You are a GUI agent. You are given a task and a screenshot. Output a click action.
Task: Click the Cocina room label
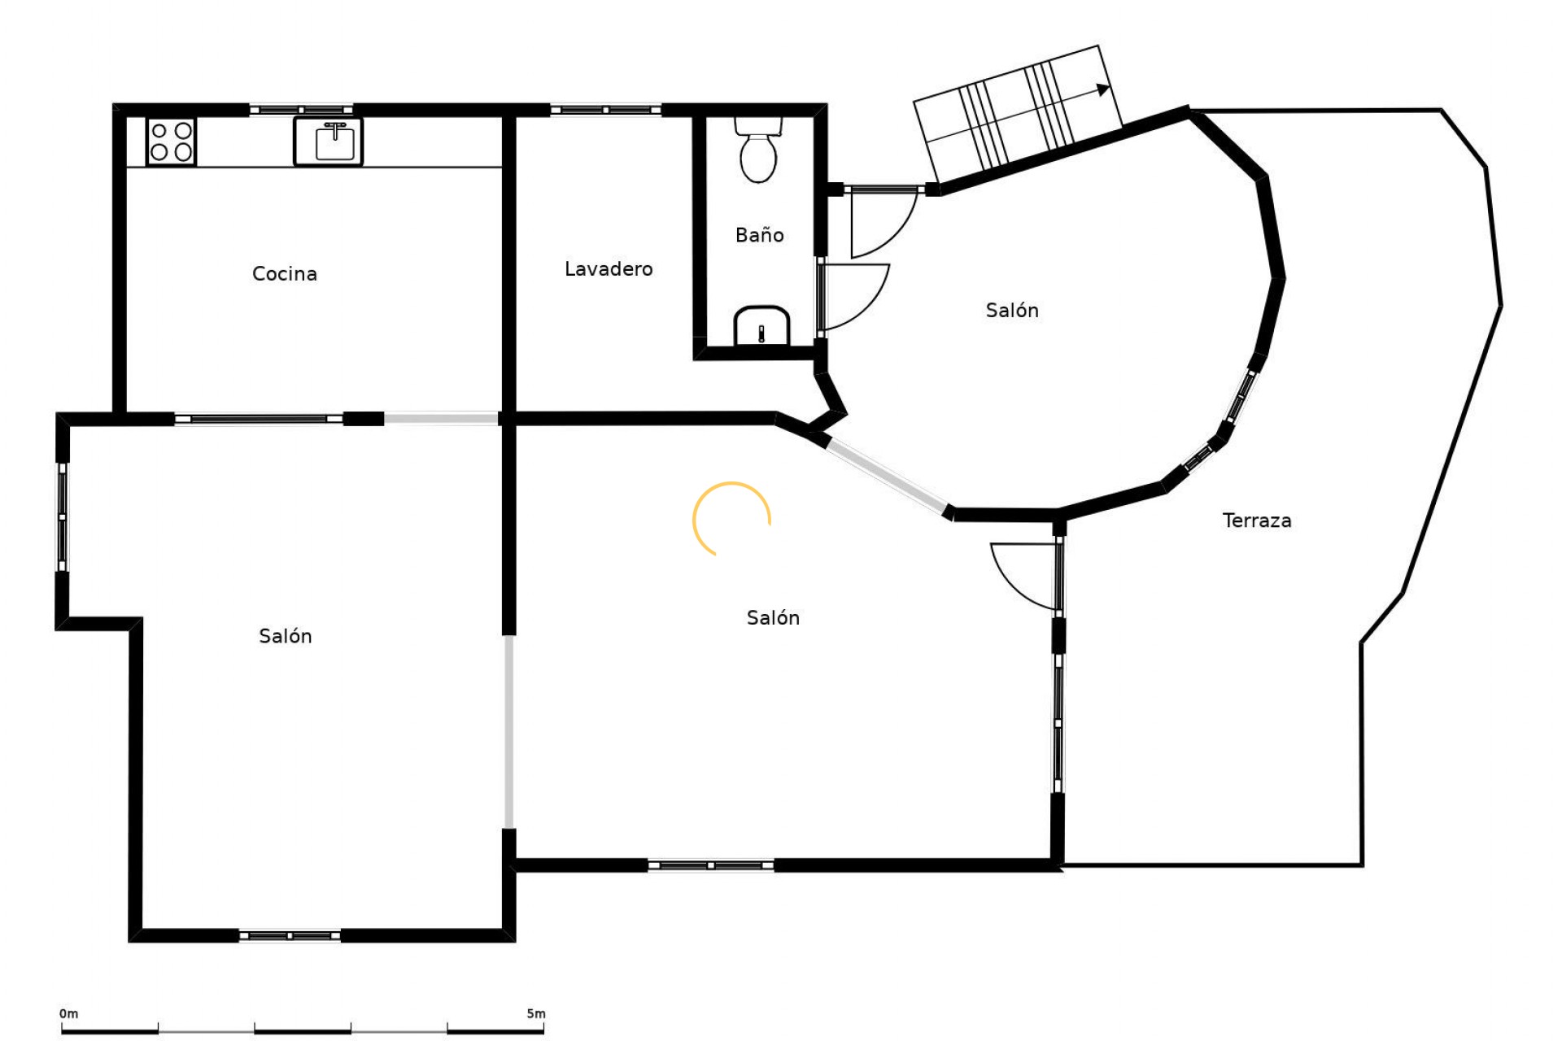(284, 273)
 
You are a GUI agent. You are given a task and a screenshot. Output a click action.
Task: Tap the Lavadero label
(609, 268)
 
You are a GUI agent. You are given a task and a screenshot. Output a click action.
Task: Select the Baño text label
(760, 234)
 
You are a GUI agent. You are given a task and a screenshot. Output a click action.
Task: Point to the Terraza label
(1257, 520)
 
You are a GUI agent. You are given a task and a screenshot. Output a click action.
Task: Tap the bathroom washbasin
(761, 325)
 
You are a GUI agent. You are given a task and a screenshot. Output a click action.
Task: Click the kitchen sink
(328, 142)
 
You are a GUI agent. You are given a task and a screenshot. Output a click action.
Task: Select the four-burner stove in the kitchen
(171, 142)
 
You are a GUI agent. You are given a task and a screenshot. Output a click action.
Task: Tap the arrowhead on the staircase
(1103, 89)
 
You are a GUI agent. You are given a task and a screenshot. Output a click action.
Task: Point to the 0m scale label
(68, 1013)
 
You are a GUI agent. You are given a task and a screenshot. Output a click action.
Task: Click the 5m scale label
(536, 1013)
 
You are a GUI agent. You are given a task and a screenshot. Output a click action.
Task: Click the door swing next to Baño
(853, 298)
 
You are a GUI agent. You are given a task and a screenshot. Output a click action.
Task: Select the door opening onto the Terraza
(1025, 576)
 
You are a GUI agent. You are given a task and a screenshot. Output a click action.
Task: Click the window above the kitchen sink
(301, 110)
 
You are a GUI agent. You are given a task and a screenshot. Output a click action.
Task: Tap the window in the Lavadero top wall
(605, 110)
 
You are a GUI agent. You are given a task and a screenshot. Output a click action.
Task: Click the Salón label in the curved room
(1012, 310)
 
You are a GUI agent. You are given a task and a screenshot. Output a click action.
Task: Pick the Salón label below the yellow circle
(773, 617)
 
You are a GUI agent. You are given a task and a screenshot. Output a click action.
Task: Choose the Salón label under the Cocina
(285, 635)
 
